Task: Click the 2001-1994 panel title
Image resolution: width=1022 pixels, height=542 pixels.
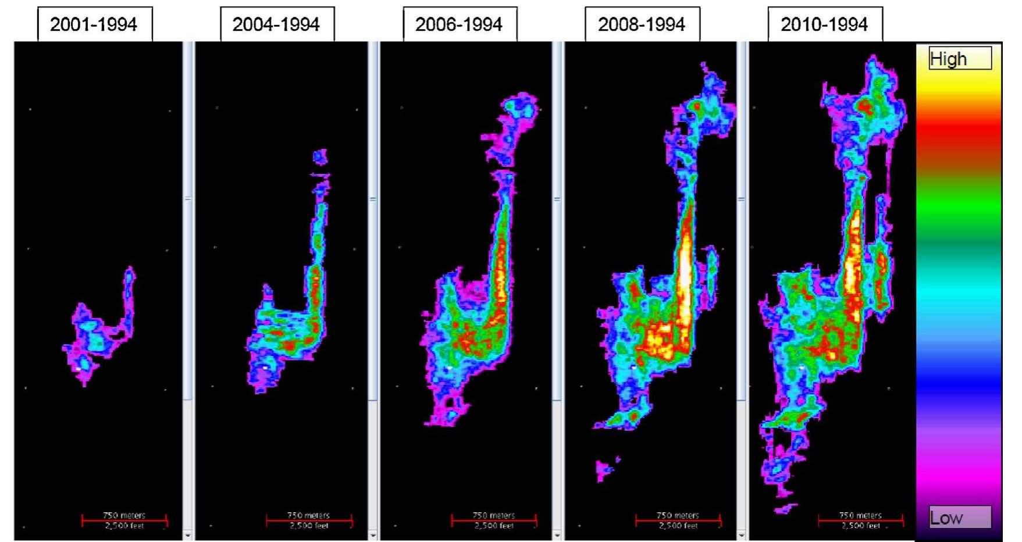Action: pos(94,24)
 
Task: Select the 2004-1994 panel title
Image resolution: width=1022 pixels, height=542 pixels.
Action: pos(277,24)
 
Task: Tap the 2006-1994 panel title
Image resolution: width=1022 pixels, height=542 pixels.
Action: pos(460,24)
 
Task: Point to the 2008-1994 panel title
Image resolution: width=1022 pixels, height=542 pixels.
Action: pos(642,24)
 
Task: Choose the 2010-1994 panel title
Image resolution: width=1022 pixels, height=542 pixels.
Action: pos(825,24)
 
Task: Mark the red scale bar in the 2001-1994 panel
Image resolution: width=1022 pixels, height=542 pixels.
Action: pos(124,520)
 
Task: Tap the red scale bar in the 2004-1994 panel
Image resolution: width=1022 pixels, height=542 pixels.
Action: pos(309,520)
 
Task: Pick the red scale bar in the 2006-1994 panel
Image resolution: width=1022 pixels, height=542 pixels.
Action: pos(494,520)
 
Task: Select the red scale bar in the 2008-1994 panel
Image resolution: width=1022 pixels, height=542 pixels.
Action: pos(678,520)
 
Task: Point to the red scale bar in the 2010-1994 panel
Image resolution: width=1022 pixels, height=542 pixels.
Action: pos(861,520)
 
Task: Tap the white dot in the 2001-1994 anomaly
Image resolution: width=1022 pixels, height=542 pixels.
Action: pos(79,369)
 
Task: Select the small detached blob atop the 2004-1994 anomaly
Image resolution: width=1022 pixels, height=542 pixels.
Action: pos(320,156)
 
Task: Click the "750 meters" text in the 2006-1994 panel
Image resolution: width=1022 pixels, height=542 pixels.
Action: pos(494,515)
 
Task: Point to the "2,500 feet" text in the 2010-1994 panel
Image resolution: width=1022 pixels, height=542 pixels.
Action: pos(861,526)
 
